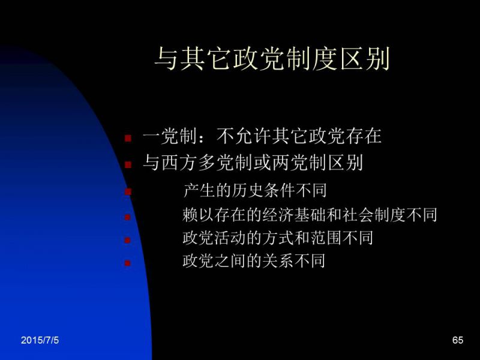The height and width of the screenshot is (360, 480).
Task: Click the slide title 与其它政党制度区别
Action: tap(272, 58)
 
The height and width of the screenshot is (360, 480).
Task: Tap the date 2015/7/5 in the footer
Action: tap(40, 340)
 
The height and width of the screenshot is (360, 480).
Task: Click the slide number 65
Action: tap(458, 340)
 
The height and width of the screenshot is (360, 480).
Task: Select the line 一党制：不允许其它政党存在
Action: tap(262, 136)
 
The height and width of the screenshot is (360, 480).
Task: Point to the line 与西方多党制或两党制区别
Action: tap(253, 162)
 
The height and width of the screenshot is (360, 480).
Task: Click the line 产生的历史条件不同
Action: tap(254, 190)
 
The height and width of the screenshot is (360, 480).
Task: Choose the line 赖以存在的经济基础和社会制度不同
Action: tap(310, 214)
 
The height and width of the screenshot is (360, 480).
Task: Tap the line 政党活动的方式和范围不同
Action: tap(278, 238)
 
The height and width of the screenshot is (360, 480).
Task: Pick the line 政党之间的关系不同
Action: tap(254, 261)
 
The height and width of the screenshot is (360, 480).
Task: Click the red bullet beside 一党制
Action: tap(128, 138)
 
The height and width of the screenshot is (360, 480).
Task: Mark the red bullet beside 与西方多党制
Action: tap(128, 164)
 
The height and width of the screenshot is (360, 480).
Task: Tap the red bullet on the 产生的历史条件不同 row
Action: tap(128, 192)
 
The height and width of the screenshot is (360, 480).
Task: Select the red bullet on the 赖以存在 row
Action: tap(128, 217)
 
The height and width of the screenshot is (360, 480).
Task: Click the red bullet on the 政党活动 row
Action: tap(128, 240)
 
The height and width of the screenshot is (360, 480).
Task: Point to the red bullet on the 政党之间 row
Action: tap(128, 263)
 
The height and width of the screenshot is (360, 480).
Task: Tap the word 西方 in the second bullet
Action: tap(179, 162)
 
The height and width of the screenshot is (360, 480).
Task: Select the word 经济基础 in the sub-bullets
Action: tap(294, 214)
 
